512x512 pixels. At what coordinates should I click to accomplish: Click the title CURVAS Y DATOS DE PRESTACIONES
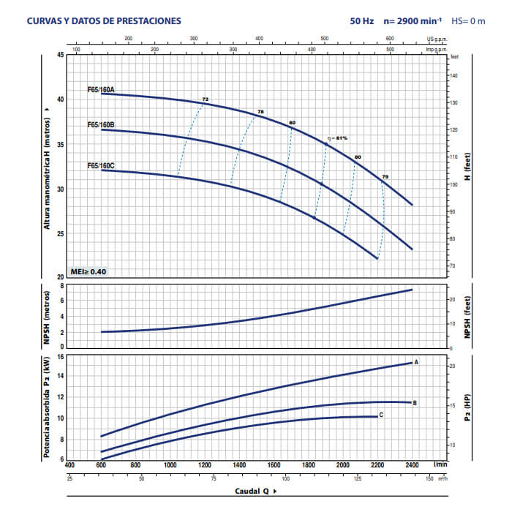(104, 21)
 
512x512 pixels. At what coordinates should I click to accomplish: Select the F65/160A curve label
(101, 89)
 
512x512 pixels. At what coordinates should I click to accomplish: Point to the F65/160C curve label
(101, 166)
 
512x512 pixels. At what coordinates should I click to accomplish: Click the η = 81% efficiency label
(337, 138)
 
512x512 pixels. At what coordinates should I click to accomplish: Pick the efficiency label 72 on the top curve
(206, 99)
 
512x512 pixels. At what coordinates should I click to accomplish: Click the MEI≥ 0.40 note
(89, 271)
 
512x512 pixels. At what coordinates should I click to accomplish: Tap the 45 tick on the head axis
(61, 55)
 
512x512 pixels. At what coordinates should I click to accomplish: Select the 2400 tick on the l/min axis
(413, 464)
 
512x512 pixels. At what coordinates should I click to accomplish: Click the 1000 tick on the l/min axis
(170, 464)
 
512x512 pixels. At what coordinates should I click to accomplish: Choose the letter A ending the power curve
(416, 362)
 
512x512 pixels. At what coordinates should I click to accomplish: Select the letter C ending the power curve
(381, 415)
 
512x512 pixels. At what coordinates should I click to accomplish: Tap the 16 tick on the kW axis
(61, 356)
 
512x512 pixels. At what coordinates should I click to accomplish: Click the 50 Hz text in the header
(361, 21)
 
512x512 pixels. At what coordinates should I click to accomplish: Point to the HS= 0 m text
(468, 21)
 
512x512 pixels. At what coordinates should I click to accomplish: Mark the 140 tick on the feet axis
(454, 75)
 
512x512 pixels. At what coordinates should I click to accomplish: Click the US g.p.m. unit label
(436, 39)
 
